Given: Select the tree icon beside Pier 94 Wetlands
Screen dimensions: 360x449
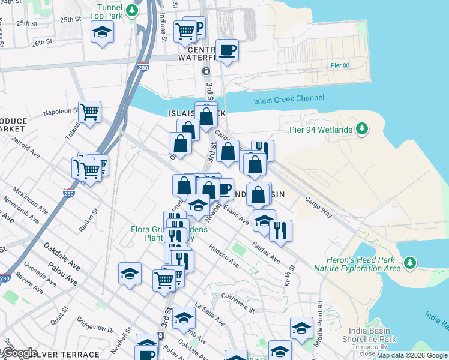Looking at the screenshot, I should coord(361,129).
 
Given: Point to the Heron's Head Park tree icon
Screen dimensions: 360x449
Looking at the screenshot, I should coord(409,263).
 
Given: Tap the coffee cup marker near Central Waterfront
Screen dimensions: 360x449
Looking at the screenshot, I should coord(226,50).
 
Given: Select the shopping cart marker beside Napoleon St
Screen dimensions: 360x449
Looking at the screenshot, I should coord(89,111).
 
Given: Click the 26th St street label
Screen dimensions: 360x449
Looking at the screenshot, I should coord(42,43).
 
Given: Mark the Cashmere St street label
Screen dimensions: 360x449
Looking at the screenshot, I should coord(238,303).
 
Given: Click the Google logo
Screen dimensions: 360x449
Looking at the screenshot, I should coord(20,353).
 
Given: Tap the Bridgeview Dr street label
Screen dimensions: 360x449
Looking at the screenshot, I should coord(95,328).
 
